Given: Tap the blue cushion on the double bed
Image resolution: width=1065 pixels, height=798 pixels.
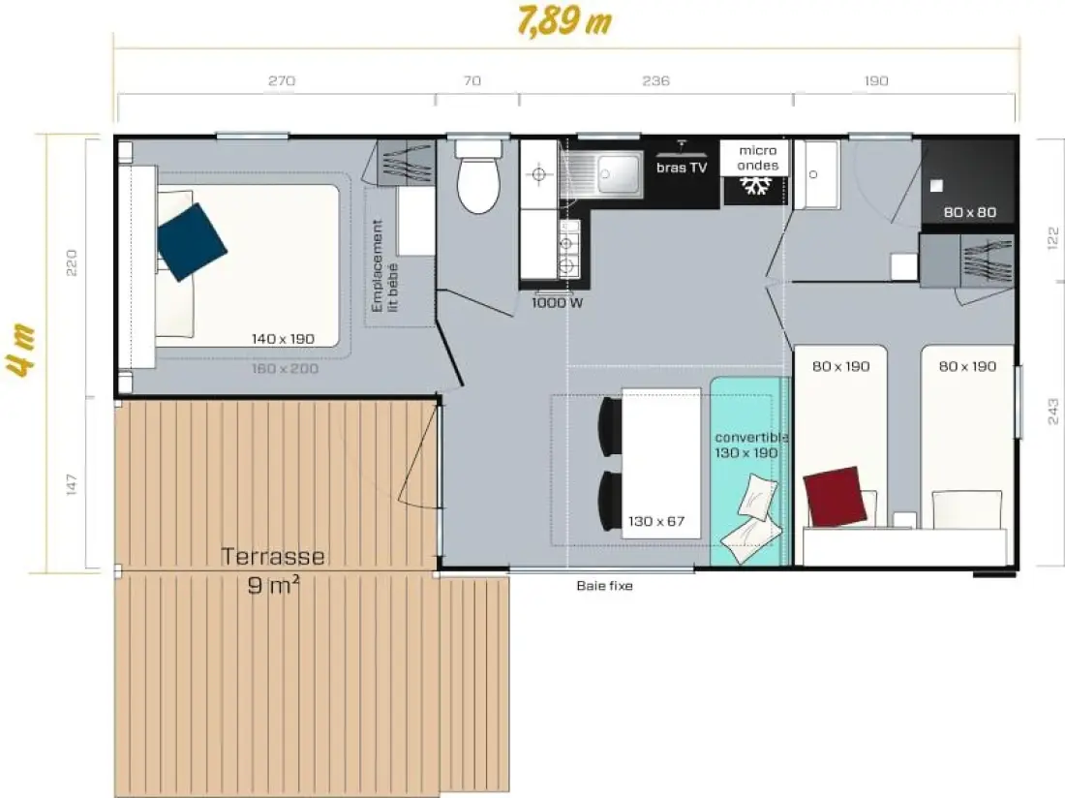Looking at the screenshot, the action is tap(192, 242).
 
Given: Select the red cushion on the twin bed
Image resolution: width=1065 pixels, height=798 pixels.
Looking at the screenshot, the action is tap(835, 497).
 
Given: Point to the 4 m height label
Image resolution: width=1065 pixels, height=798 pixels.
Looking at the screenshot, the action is tap(22, 351).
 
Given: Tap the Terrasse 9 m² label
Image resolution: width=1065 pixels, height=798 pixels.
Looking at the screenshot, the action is tap(273, 570).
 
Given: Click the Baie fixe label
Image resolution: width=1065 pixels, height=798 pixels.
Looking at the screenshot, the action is tap(604, 586).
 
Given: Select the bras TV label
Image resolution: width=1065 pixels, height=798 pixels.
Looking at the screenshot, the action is tap(682, 168).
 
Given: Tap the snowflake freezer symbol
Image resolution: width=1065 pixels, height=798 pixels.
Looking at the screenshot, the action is tap(754, 186).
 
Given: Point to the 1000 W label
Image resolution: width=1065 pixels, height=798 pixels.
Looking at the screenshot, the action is tap(557, 303).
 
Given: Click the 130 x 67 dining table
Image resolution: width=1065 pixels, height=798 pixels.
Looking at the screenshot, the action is tap(661, 463).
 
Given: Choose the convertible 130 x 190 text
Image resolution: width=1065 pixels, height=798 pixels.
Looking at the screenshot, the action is tap(749, 445).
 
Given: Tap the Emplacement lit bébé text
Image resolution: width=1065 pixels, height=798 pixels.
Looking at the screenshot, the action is tap(384, 265).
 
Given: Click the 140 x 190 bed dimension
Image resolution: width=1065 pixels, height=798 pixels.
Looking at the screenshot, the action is tap(284, 338).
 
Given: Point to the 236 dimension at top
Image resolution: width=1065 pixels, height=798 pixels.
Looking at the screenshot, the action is tap(655, 80).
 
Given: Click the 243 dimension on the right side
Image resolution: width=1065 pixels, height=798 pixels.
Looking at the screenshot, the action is tap(1052, 412).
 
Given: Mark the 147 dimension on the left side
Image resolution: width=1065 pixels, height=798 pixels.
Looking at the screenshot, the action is tap(72, 484).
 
